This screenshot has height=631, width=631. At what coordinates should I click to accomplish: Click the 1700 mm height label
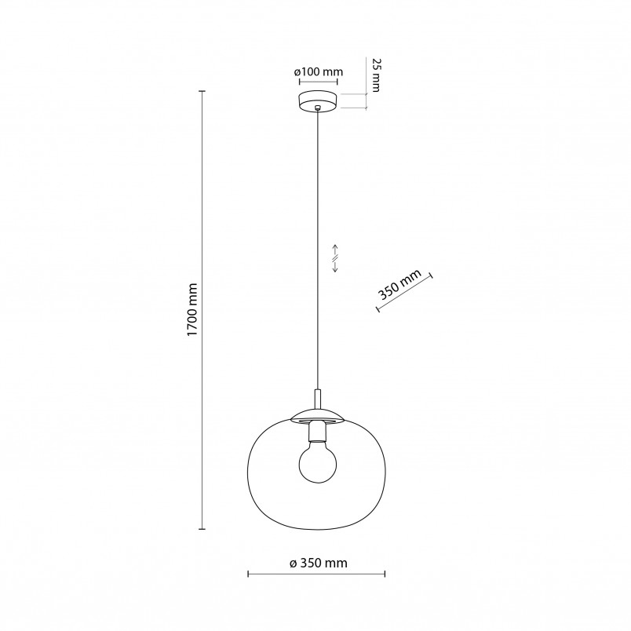pos(193,310)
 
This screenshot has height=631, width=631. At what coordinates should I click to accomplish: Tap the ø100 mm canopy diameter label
pos(319,72)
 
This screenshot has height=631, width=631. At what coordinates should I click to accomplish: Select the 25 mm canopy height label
pos(375,75)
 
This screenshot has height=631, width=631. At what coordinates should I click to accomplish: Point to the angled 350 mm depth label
pos(400,285)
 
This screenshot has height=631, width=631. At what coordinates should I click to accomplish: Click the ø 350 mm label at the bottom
pos(319,563)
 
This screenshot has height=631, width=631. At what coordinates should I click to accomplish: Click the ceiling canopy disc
pos(318,101)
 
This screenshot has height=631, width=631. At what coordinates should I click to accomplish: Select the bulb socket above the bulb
pos(318,431)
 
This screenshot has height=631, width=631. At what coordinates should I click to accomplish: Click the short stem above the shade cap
pos(318,399)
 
